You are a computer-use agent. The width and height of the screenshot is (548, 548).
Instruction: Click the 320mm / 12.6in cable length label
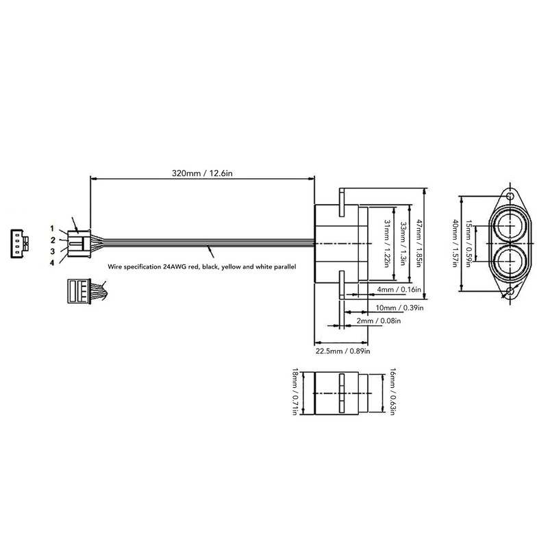click(x=202, y=173)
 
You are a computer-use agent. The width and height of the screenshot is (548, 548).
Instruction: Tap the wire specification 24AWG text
click(x=201, y=267)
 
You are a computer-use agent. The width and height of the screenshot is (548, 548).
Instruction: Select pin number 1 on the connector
click(x=52, y=227)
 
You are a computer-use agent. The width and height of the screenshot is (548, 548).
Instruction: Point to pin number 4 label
click(x=52, y=262)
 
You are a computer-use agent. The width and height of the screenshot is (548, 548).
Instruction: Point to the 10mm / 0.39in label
click(x=400, y=307)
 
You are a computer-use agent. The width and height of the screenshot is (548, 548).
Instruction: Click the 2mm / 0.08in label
click(x=379, y=321)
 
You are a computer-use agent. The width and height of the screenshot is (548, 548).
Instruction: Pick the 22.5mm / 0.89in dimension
click(x=342, y=351)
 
